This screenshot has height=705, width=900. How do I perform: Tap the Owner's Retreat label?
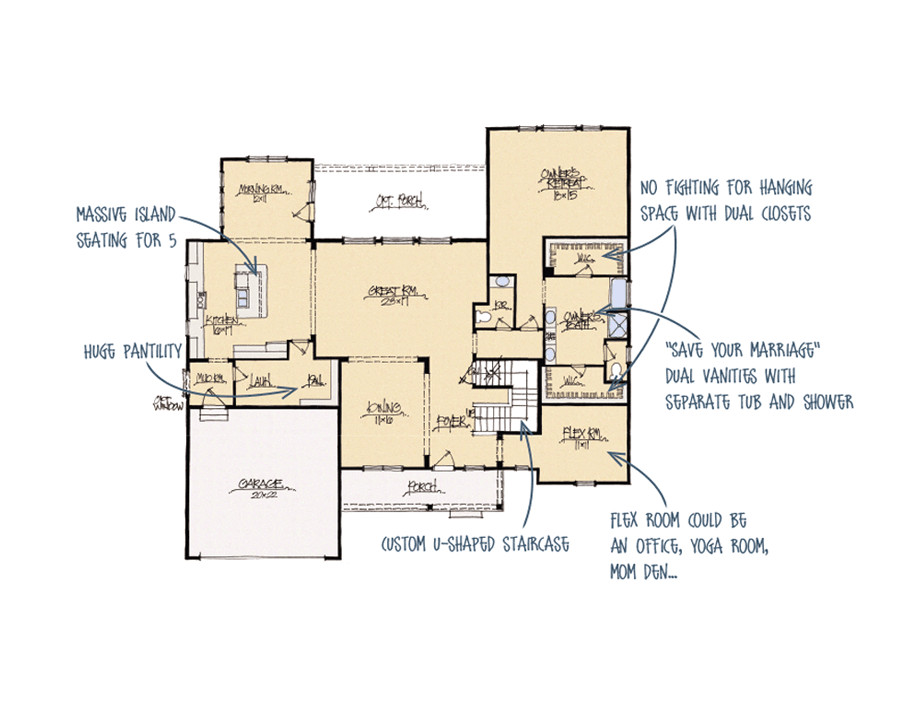click(557, 179)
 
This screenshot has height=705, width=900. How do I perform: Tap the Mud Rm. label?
click(209, 378)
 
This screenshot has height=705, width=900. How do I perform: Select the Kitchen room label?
click(221, 322)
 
